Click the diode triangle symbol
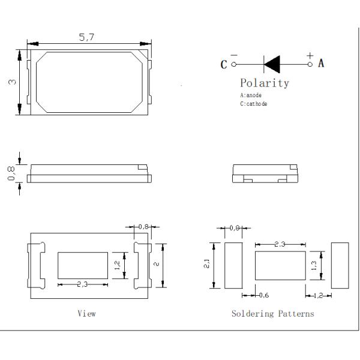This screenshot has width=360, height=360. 273,62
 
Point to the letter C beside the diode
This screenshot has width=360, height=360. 224,64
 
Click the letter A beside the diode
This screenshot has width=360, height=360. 321,63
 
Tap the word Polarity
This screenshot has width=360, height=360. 265,83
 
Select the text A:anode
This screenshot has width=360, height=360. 251,95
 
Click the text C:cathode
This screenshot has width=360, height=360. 253,104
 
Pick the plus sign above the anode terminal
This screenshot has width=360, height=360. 310,56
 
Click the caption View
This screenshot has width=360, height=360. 86,313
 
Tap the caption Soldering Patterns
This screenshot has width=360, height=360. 272,313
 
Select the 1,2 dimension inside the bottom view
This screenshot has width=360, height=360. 118,264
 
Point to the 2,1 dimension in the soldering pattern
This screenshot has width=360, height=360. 207,264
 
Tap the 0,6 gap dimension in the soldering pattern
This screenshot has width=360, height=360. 264,295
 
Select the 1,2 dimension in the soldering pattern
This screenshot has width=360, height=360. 318,295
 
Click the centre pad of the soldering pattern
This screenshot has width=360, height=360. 280,265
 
